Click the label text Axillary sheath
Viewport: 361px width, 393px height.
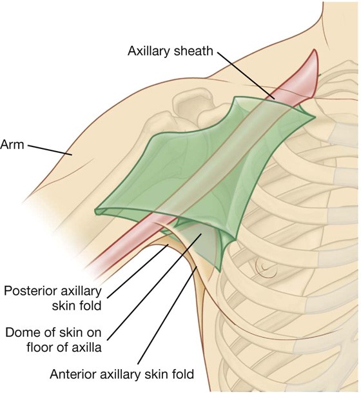[170, 51]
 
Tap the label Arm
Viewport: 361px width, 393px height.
[12, 145]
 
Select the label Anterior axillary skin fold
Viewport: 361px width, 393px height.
[122, 374]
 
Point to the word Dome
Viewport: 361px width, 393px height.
[20, 332]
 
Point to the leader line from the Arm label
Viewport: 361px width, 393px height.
[50, 150]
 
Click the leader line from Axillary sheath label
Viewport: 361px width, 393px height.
[246, 76]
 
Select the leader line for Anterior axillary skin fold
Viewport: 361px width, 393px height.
[168, 316]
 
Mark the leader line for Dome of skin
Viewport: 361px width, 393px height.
[155, 287]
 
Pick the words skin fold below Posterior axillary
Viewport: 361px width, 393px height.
[77, 306]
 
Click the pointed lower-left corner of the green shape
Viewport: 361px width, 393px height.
[96, 212]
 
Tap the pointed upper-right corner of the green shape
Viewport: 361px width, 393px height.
[314, 117]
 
